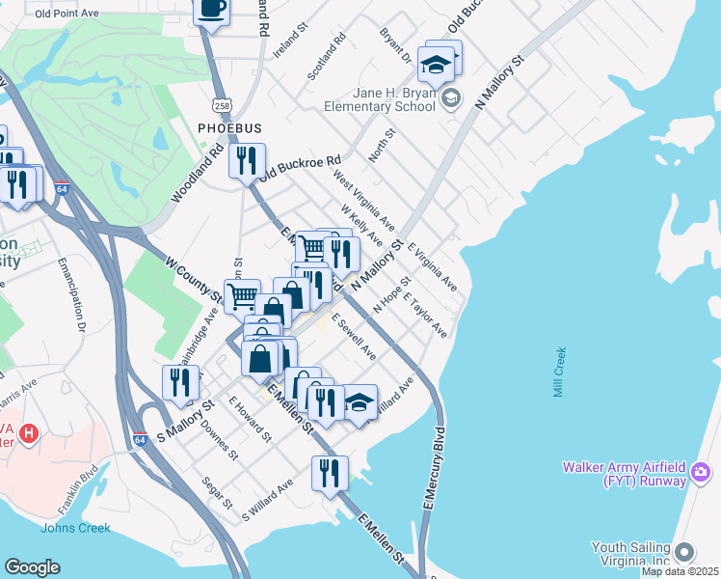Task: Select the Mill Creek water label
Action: point(560,372)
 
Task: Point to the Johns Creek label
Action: point(75,528)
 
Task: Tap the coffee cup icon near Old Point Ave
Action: point(211,9)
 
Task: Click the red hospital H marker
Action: point(30,433)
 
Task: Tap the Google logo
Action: point(32,567)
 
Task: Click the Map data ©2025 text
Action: point(680,571)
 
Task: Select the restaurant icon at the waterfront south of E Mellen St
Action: point(330,473)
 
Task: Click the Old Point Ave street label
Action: point(67,14)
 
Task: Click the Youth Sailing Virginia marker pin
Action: point(684,552)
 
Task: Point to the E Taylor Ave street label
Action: point(426,315)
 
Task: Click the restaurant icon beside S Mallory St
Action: point(180,382)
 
